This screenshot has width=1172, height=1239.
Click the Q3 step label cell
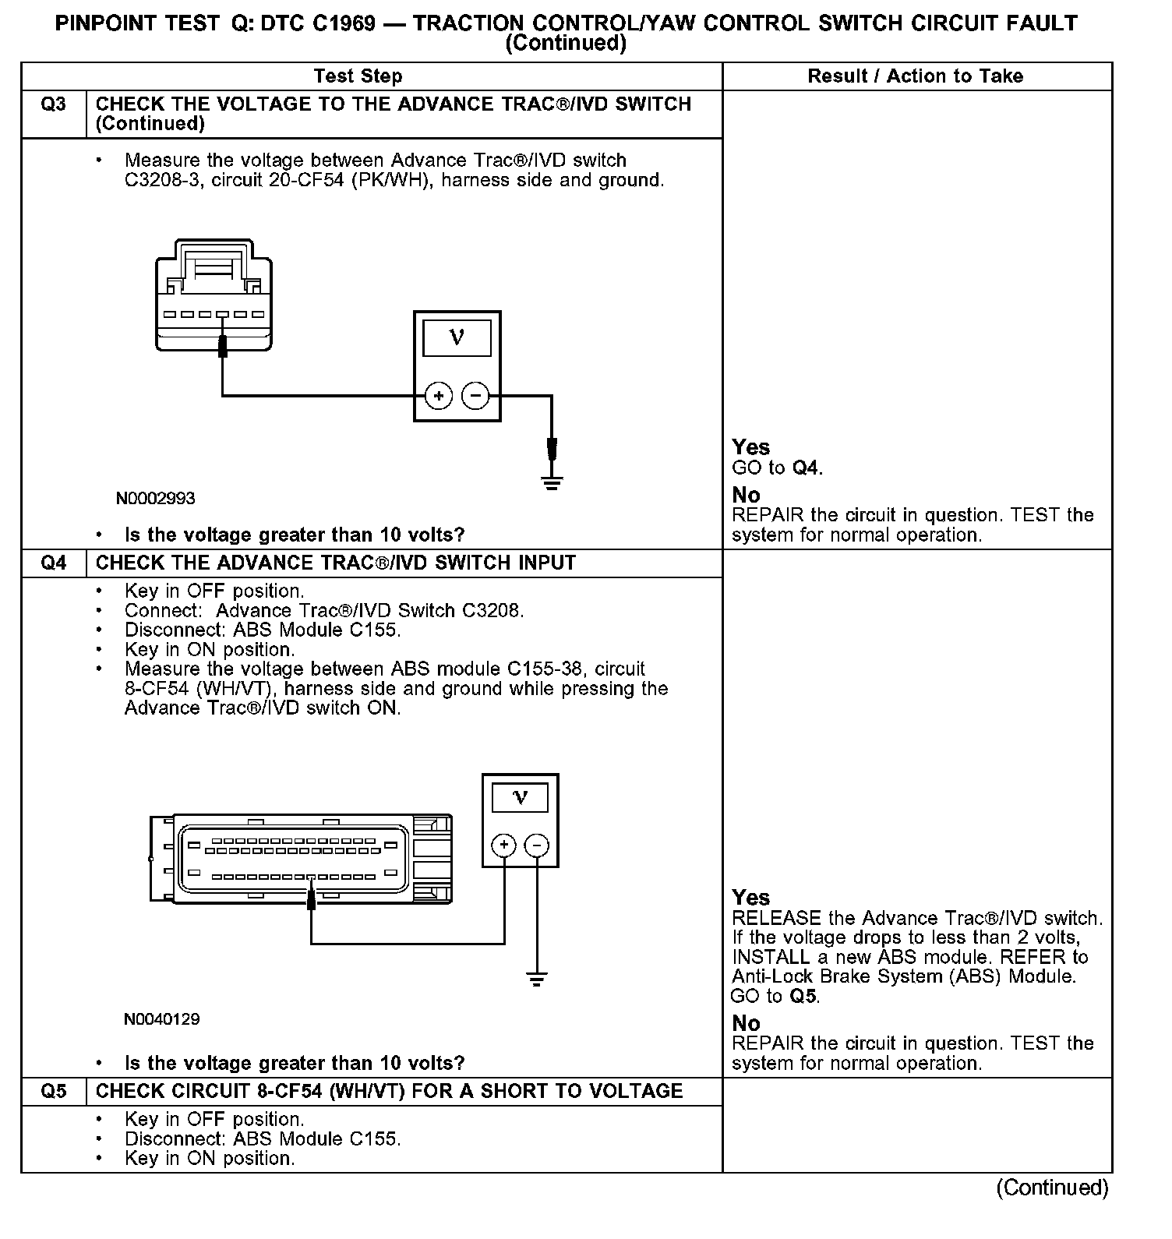coord(53,105)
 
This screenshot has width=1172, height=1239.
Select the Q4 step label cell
coord(53,563)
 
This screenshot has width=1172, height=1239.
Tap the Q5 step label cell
coord(53,1092)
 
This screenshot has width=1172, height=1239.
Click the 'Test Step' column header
coord(358,76)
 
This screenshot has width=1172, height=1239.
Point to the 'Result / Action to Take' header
coord(916,76)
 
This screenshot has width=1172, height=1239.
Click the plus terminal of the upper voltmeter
coord(439,397)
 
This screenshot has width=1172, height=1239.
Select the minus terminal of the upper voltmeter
coord(475,397)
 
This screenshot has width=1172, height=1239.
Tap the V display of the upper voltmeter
coord(457,337)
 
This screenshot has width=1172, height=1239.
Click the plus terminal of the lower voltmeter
coord(504,845)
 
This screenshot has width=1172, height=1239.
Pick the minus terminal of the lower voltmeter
coord(536,845)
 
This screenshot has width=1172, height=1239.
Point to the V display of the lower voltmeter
coord(520,798)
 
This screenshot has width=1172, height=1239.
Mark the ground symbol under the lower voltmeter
coord(536,980)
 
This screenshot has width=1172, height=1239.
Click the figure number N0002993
coord(156,499)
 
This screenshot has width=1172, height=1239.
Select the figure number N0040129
coord(161,1019)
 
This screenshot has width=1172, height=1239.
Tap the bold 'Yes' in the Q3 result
coord(751,447)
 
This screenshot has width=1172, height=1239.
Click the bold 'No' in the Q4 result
coord(746,1023)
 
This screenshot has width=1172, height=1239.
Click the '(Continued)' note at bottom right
coord(1052,1188)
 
